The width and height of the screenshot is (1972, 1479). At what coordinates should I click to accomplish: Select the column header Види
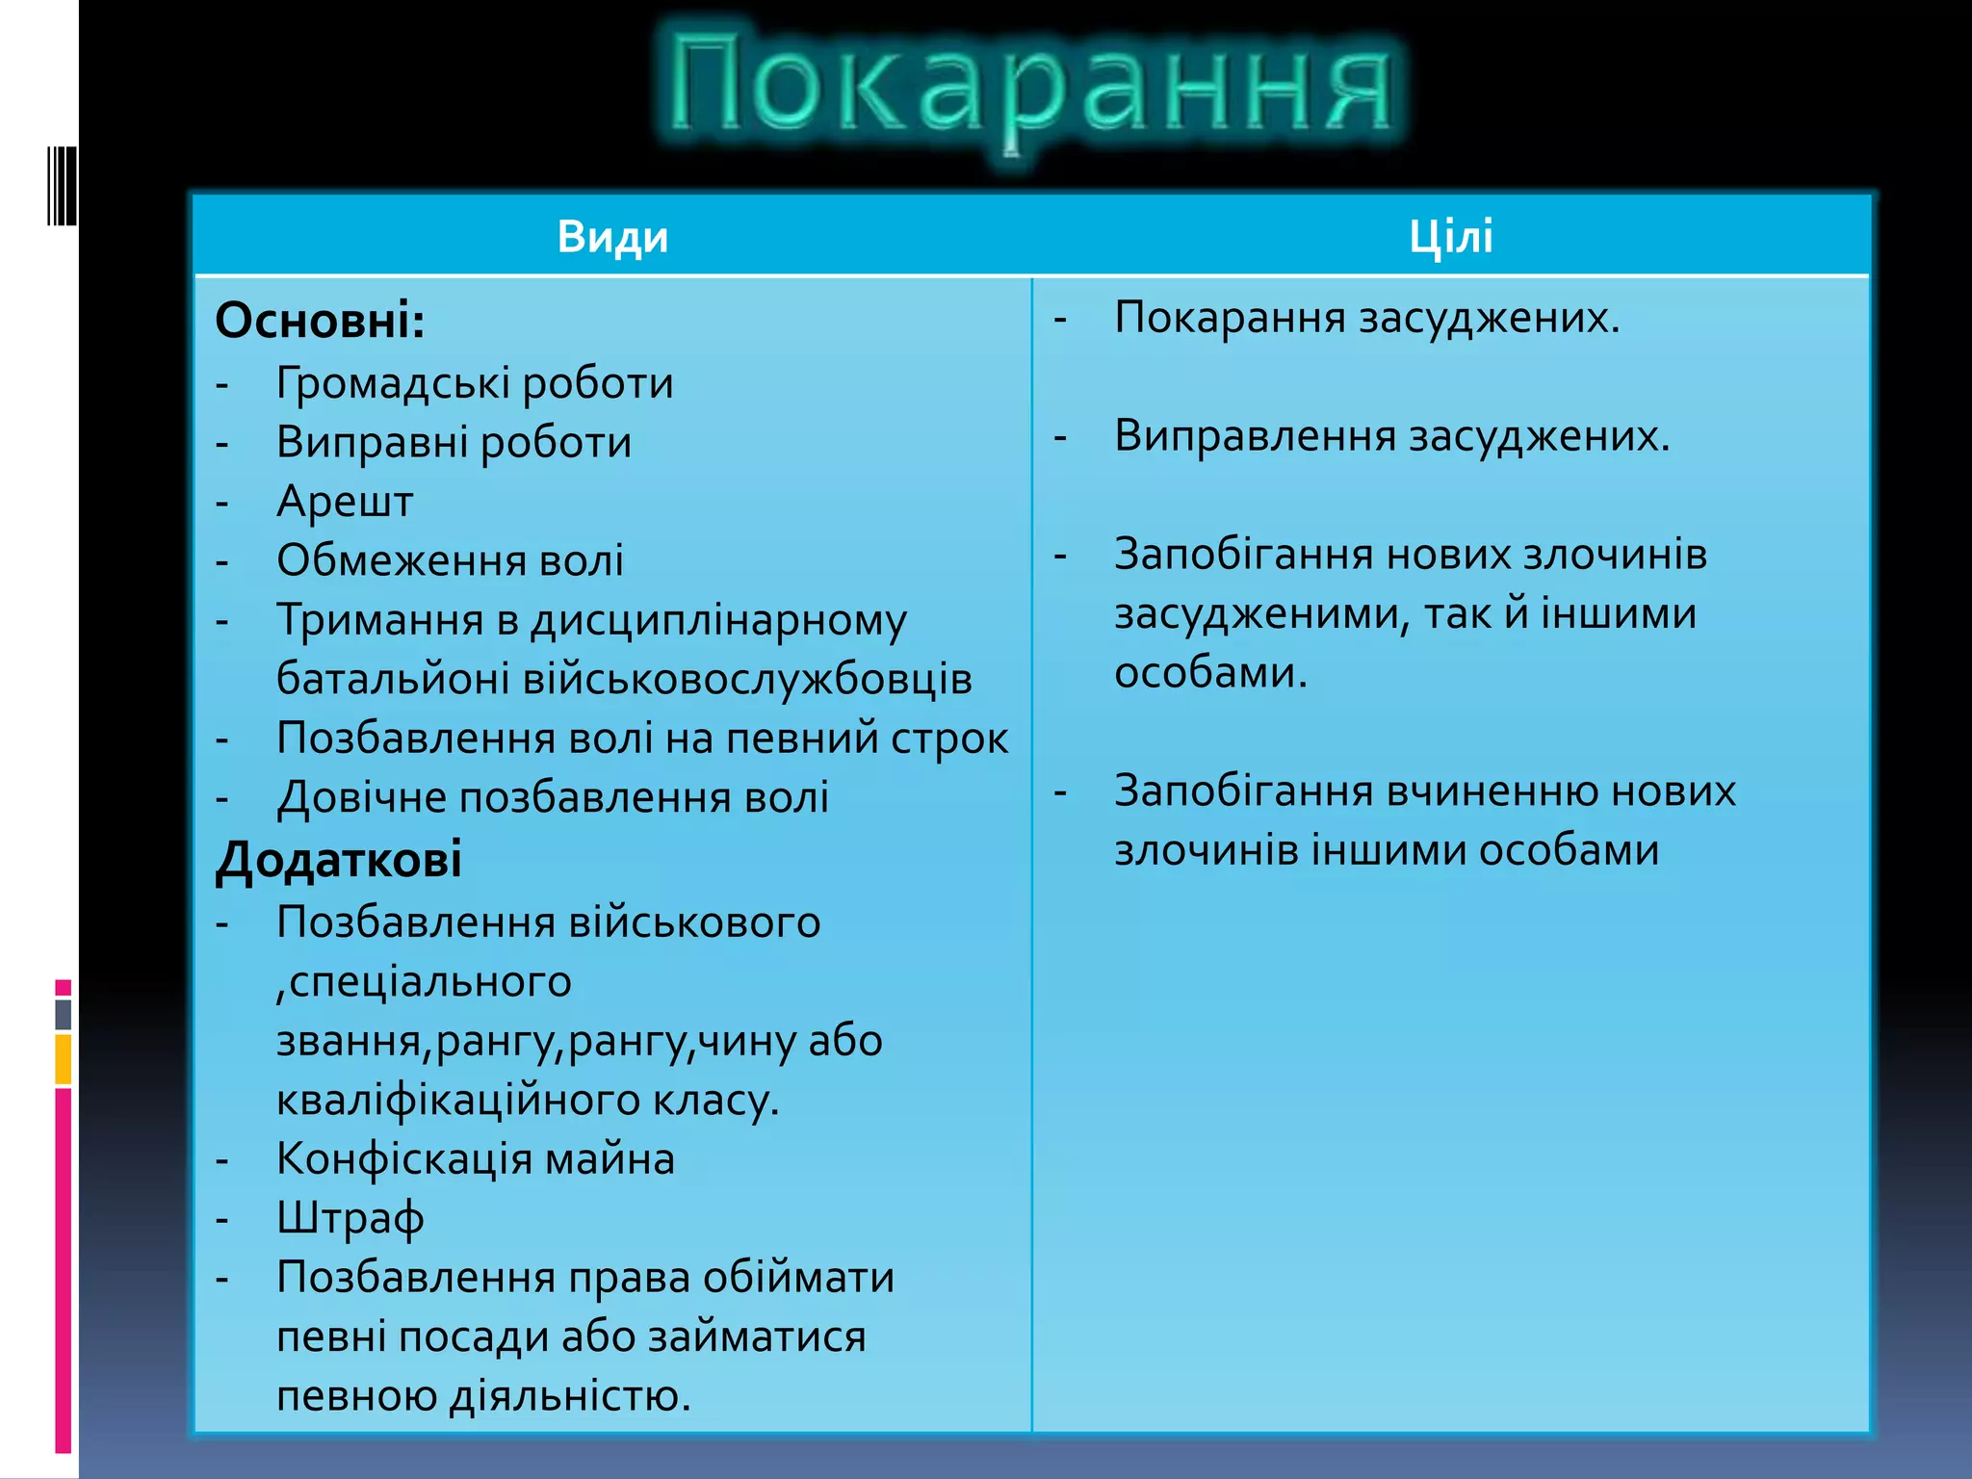612,237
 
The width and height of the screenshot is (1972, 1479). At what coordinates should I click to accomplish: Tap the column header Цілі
1450,237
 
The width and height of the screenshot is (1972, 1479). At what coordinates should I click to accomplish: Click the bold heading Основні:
320,321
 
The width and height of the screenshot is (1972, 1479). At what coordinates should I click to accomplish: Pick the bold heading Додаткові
339,859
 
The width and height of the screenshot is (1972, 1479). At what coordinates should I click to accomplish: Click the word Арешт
345,502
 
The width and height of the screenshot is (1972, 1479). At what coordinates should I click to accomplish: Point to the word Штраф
350,1219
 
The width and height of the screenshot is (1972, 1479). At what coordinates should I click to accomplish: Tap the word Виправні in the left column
372,443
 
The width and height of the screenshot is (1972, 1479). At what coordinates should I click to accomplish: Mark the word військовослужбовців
747,680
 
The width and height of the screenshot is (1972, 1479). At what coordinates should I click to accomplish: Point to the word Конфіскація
403,1159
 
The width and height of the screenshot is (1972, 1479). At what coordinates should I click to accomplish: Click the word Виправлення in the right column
1256,436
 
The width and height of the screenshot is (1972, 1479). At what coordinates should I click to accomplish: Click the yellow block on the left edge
64,1059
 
